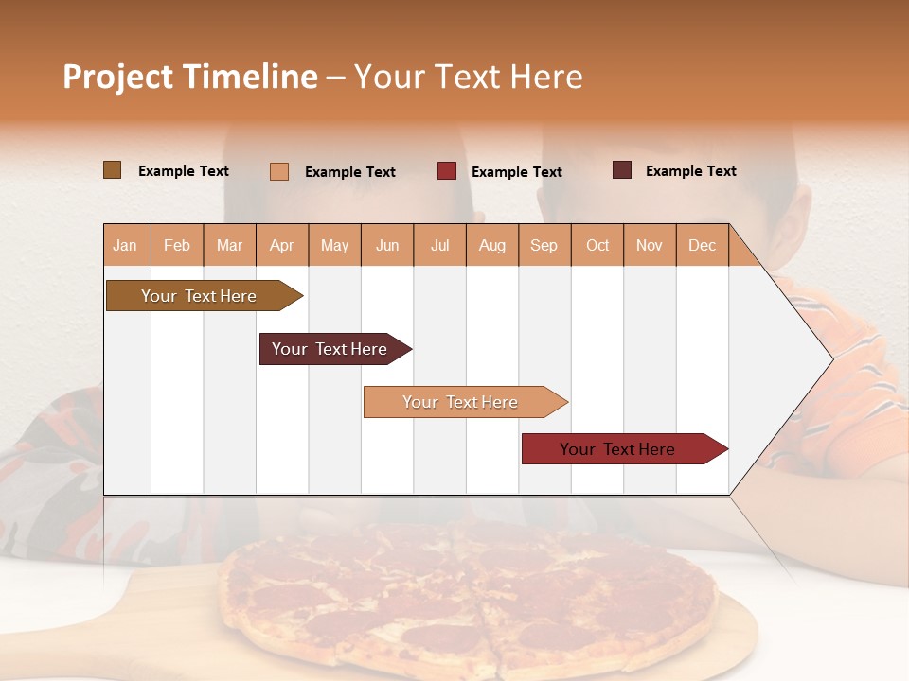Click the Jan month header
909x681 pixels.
pos(126,245)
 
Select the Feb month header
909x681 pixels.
pos(177,245)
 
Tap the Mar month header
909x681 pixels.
pos(229,245)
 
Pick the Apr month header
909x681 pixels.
pos(282,245)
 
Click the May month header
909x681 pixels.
pos(334,245)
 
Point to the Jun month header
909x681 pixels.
pos(387,245)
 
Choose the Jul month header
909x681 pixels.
pos(439,245)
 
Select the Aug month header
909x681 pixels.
pos(492,245)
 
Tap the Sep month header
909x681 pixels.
pos(544,245)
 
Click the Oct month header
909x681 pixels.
pos(597,245)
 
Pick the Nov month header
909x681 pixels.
pos(650,245)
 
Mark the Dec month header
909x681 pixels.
pos(703,245)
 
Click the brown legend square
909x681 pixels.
pos(112,170)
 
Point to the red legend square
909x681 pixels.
pos(447,171)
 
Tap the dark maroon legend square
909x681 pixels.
pos(622,170)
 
